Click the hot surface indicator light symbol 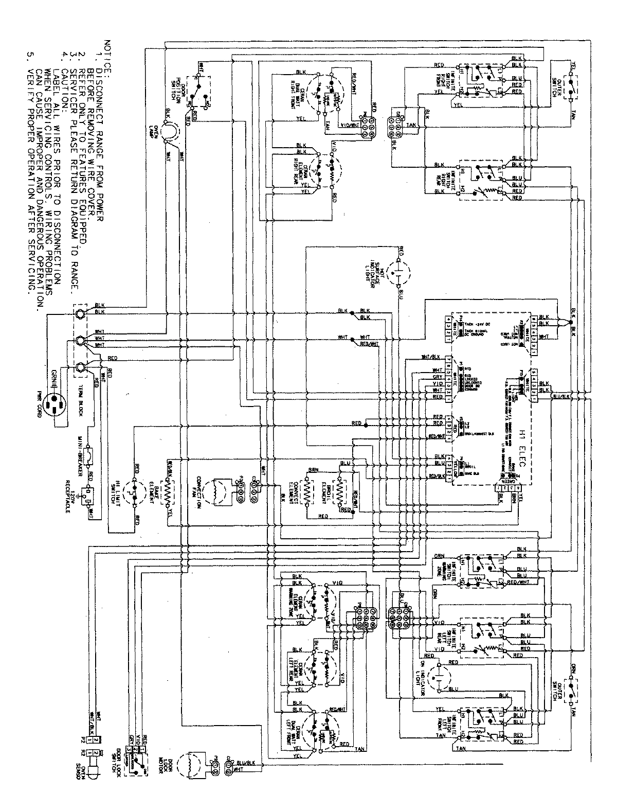(397, 268)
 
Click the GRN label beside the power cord (57, 372)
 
